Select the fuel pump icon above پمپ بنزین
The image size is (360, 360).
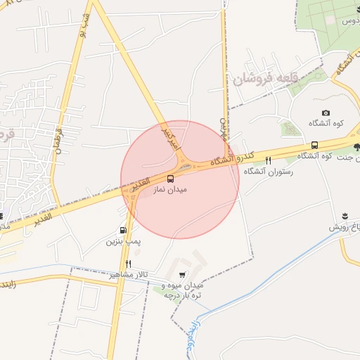[123, 230]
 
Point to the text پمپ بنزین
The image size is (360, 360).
[124, 241]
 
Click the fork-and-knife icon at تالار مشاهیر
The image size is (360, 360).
[127, 264]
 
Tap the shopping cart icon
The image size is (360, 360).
[182, 275]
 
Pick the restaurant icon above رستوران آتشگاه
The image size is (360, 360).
[268, 161]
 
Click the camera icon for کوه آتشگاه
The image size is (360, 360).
[326, 113]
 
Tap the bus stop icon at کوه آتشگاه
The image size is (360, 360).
[314, 146]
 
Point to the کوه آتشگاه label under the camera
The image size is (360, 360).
[326, 124]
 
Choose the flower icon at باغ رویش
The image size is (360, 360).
[345, 216]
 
